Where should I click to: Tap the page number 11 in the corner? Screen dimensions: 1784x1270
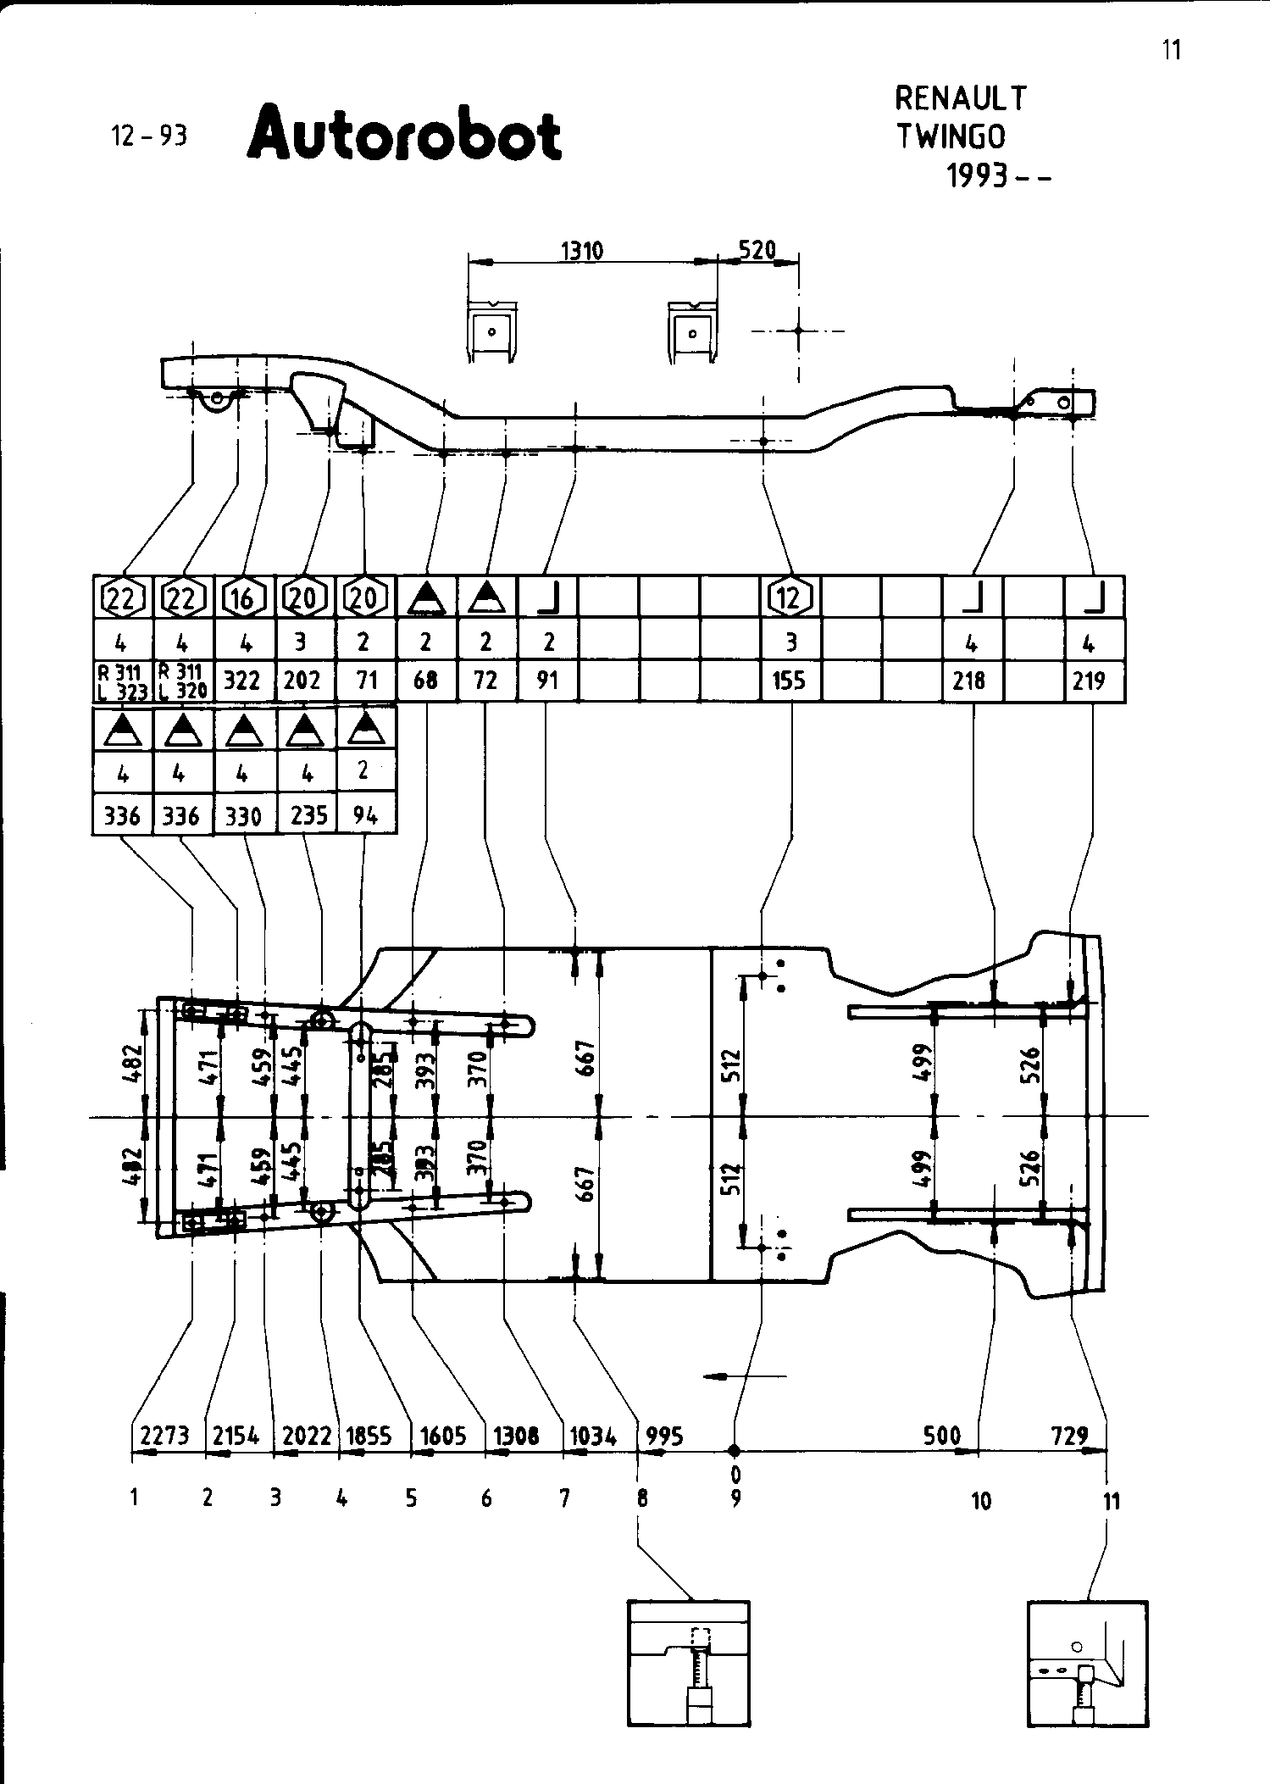coord(1171,50)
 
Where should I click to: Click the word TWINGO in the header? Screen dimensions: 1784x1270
coord(951,136)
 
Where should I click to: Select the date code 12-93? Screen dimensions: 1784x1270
coord(148,136)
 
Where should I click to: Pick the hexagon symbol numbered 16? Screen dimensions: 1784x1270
coord(243,598)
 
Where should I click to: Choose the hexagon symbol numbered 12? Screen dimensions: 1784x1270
coord(790,598)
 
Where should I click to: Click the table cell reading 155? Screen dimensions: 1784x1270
coord(790,680)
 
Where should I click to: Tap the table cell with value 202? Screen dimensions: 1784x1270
coord(303,680)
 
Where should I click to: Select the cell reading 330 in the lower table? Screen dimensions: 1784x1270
coord(243,815)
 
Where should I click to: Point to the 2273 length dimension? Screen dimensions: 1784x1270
coord(164,1436)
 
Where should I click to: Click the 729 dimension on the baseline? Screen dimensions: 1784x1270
coord(1069,1436)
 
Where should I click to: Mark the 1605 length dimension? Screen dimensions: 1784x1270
coord(443,1436)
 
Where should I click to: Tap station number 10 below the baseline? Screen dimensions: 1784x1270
coord(981,1502)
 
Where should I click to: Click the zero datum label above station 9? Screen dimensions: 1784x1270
coord(735,1476)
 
